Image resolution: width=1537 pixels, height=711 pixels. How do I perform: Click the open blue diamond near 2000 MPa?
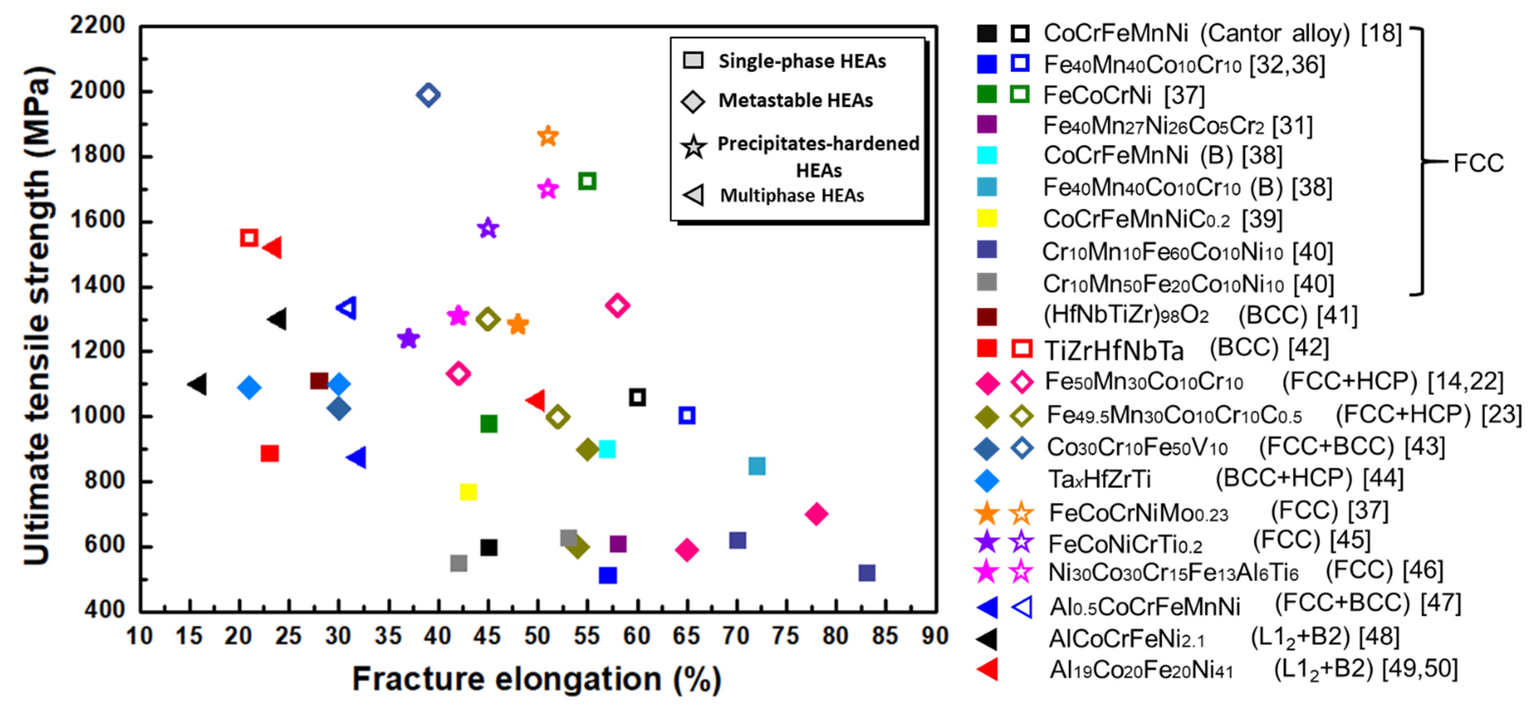coord(428,94)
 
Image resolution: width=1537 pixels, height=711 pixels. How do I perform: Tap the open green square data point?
coord(587,181)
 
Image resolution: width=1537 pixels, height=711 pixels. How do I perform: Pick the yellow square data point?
coord(468,492)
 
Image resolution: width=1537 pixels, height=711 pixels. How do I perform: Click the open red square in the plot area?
coord(249,237)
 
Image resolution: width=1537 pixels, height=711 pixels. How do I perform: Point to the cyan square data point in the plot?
coord(607,449)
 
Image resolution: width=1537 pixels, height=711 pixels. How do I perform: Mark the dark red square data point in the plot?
coord(319,381)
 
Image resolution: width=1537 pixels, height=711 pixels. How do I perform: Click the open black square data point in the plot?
coord(637,397)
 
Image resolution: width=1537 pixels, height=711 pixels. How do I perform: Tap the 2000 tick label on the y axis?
coord(97,91)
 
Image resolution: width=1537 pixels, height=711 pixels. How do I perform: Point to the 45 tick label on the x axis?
coord(487,636)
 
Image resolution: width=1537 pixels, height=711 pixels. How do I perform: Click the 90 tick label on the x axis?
coord(934,636)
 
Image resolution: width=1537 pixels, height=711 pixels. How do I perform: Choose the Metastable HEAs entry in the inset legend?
coord(795,100)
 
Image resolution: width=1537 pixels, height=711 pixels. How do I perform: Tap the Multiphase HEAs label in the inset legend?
coord(792,195)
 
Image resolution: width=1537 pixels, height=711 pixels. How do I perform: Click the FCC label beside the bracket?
coord(1478,163)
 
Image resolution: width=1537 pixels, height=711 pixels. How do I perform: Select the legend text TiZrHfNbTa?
coord(1113,351)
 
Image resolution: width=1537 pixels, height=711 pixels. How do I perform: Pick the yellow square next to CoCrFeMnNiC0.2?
coord(987,219)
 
